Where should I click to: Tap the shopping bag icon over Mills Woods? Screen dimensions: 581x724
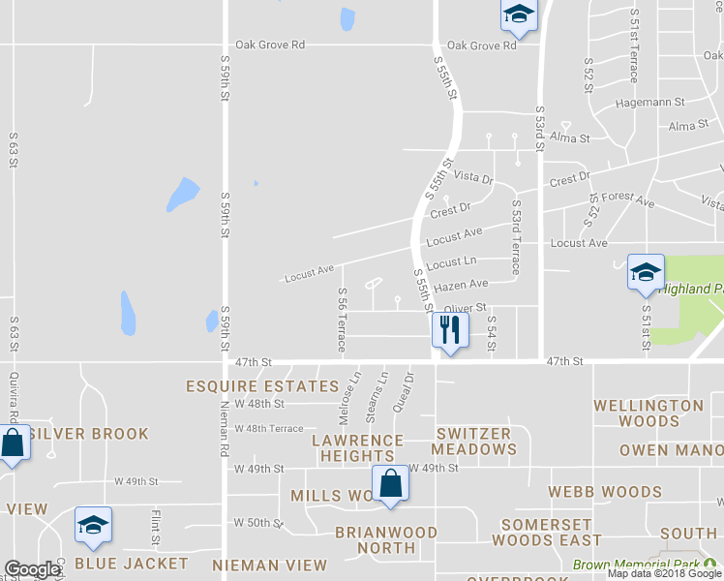pyautogui.click(x=389, y=483)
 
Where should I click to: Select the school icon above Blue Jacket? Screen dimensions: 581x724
pyautogui.click(x=93, y=525)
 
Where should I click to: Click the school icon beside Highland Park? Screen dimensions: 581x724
pyautogui.click(x=646, y=272)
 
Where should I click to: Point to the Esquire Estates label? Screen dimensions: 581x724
pyautogui.click(x=262, y=386)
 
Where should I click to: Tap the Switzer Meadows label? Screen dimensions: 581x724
pyautogui.click(x=474, y=442)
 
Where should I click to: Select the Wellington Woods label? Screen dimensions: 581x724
pyautogui.click(x=649, y=413)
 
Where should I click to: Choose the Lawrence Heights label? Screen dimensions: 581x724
pyautogui.click(x=357, y=448)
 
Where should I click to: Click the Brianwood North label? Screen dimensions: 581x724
pyautogui.click(x=386, y=540)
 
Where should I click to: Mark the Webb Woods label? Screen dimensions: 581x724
pyautogui.click(x=604, y=492)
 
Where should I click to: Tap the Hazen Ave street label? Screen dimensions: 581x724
pyautogui.click(x=462, y=285)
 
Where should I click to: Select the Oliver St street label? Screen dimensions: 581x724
pyautogui.click(x=464, y=308)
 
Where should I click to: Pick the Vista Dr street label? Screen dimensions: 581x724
pyautogui.click(x=474, y=179)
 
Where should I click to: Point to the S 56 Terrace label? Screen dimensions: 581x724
pyautogui.click(x=342, y=320)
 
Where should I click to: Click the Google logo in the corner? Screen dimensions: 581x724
pyautogui.click(x=32, y=569)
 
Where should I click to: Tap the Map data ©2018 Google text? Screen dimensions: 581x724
pyautogui.click(x=664, y=573)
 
